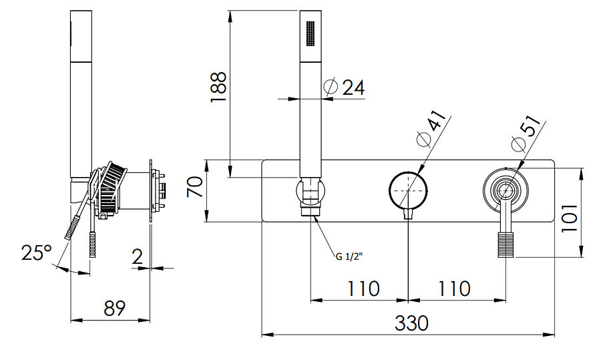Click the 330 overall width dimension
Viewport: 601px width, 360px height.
tap(411, 323)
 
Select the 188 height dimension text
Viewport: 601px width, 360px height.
tap(218, 87)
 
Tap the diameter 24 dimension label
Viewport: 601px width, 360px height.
tap(346, 87)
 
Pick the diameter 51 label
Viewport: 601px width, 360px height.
tap(523, 135)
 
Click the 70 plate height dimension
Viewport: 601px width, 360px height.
tap(195, 187)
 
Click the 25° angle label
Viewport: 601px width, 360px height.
tap(36, 253)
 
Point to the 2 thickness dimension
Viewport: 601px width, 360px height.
tap(138, 256)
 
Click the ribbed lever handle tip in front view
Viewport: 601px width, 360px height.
tap(506, 245)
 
